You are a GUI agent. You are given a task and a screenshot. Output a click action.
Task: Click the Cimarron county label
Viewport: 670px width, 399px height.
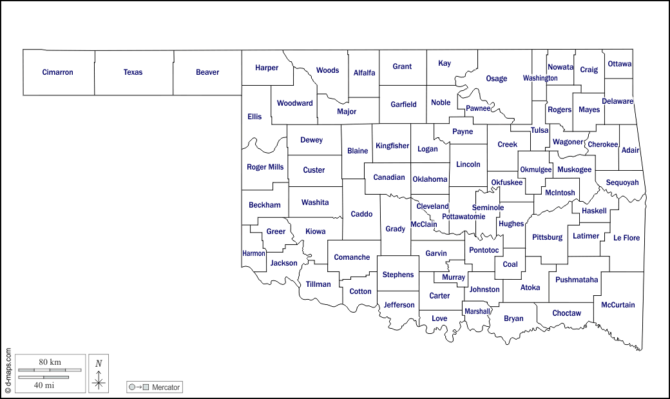click(x=57, y=72)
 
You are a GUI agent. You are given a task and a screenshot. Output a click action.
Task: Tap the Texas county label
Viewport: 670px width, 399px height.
click(x=133, y=72)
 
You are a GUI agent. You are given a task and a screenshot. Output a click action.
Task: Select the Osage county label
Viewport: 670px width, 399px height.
click(x=496, y=79)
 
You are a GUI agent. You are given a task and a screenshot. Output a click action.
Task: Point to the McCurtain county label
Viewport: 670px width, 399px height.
click(x=618, y=305)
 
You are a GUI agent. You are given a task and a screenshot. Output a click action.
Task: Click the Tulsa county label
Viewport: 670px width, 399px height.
click(x=539, y=130)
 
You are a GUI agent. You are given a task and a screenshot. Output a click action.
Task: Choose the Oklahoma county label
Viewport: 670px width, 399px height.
click(x=430, y=179)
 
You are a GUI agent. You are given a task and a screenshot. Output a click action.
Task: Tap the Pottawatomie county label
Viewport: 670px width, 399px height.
click(x=463, y=217)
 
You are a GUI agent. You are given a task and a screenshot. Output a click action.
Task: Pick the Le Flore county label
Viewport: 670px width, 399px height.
click(x=626, y=238)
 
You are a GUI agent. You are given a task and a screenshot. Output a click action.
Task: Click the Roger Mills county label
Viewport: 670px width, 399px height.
click(x=265, y=167)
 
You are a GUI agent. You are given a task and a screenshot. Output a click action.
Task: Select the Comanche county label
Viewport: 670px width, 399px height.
click(x=352, y=257)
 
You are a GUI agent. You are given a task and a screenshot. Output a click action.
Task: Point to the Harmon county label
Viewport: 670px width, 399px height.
click(x=254, y=253)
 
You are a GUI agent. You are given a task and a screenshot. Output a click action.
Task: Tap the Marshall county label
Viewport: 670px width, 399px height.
click(x=477, y=311)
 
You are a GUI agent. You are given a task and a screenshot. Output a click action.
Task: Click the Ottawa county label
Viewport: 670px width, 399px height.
click(x=619, y=64)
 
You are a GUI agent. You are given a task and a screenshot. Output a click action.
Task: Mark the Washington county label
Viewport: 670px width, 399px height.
click(x=540, y=78)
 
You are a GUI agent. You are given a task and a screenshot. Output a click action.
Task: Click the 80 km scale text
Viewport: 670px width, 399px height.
click(x=50, y=362)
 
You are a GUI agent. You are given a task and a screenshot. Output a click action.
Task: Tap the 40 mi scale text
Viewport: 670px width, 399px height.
click(x=44, y=385)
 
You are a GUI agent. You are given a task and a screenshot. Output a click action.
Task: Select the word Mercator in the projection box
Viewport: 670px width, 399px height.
click(x=166, y=387)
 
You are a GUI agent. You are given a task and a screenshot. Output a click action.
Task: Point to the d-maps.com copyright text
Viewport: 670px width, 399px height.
click(x=8, y=371)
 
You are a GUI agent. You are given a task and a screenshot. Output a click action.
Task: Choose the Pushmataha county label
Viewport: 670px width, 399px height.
click(x=577, y=280)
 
